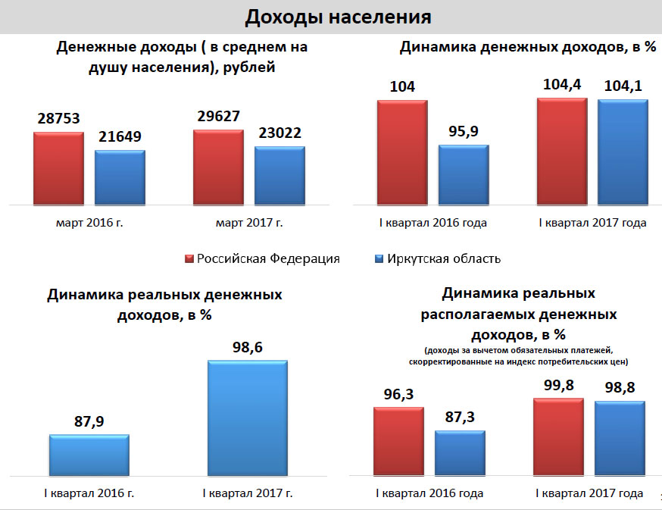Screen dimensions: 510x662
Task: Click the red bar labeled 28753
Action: tap(58, 167)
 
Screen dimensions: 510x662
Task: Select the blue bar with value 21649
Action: tap(120, 177)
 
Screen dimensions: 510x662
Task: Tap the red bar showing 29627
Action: tap(218, 167)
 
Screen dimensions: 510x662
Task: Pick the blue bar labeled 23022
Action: tap(279, 175)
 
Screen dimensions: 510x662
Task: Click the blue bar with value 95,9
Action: tap(464, 174)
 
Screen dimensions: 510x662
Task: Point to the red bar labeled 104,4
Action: tap(561, 152)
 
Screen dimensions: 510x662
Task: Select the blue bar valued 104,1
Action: tap(623, 152)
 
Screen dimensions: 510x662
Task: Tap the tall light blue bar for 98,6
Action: tap(248, 418)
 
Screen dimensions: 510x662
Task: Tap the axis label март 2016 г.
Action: tap(89, 223)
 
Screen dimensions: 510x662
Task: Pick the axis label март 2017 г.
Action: tap(249, 223)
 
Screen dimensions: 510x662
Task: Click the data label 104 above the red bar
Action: tap(402, 86)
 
